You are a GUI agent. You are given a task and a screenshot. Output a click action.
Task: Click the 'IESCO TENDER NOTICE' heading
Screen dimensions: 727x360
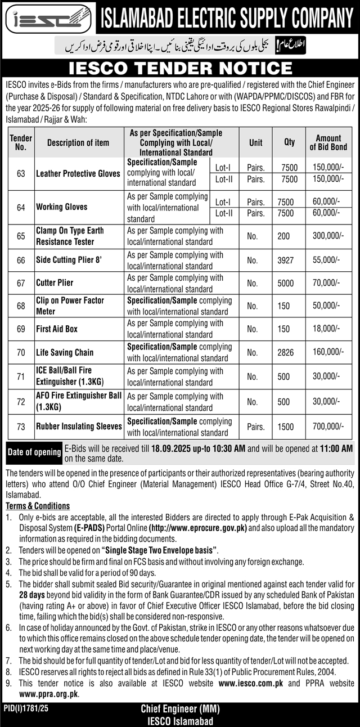click(x=179, y=69)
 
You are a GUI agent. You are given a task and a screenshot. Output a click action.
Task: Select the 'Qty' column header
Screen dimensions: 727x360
click(x=289, y=142)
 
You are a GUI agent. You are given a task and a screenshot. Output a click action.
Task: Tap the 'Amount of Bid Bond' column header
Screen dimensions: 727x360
click(x=328, y=142)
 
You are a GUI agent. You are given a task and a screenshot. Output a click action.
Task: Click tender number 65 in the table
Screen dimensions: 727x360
click(x=21, y=236)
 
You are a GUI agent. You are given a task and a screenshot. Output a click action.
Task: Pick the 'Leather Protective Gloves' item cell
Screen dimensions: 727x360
click(x=78, y=174)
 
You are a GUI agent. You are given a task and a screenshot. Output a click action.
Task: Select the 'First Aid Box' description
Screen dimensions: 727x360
click(x=57, y=329)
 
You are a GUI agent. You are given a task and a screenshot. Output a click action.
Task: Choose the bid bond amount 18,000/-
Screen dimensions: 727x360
click(x=328, y=329)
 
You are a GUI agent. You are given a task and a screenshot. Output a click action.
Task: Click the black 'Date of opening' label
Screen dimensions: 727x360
click(x=34, y=452)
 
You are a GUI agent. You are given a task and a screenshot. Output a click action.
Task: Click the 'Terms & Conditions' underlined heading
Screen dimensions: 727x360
click(x=38, y=506)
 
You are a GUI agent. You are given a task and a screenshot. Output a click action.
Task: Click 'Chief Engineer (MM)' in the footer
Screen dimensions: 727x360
click(x=179, y=711)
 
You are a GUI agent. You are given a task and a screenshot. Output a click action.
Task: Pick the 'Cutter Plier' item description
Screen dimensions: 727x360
click(x=55, y=282)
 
